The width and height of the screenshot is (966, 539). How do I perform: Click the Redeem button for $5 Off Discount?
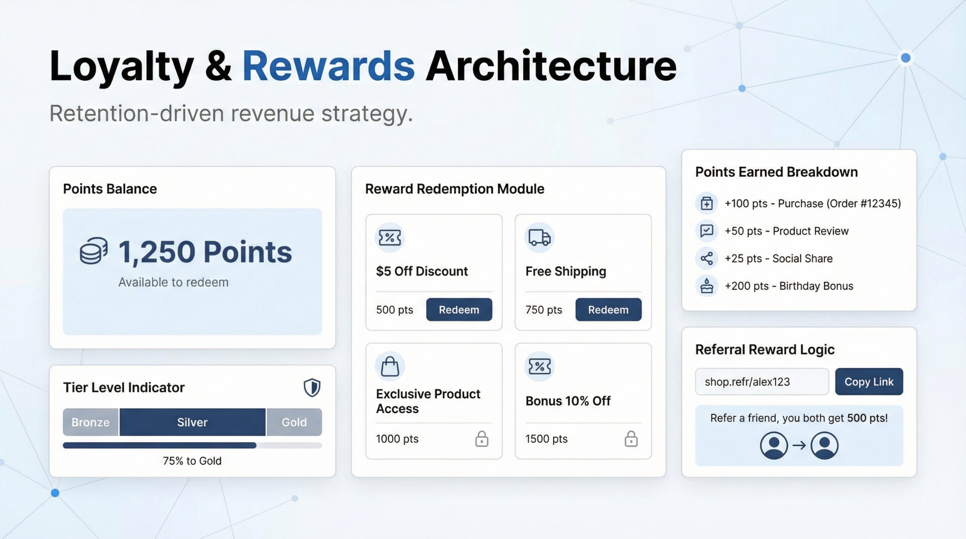pos(459,310)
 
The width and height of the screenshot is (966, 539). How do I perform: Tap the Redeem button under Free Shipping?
pos(608,310)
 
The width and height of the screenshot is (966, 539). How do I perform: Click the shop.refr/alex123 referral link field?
pos(762,382)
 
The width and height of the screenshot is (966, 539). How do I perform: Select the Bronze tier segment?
pos(91,422)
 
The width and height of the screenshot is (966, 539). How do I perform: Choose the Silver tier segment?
pos(192,422)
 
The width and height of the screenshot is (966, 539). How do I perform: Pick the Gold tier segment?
pos(294,422)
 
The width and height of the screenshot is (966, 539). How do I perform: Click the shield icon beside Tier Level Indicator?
pos(312,388)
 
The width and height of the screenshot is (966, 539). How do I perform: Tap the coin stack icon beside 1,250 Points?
pos(94,250)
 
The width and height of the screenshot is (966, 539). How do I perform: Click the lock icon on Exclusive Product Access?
pos(481,439)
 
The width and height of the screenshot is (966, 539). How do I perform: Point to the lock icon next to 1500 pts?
pos(631,439)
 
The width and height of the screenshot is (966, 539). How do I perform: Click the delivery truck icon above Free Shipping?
pos(539,238)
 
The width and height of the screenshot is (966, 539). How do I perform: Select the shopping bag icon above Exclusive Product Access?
pos(390,367)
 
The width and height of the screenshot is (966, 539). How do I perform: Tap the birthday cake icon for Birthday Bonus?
pos(707,286)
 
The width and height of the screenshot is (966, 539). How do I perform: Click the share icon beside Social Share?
pos(707,258)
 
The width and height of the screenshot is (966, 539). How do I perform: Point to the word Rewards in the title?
pos(328,66)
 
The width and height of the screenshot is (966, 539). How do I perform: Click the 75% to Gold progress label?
pos(192,461)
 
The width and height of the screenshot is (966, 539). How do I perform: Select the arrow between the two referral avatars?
pos(799,445)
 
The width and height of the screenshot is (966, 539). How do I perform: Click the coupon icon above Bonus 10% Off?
pos(539,366)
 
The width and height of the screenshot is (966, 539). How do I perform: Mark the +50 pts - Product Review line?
pos(786,231)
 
